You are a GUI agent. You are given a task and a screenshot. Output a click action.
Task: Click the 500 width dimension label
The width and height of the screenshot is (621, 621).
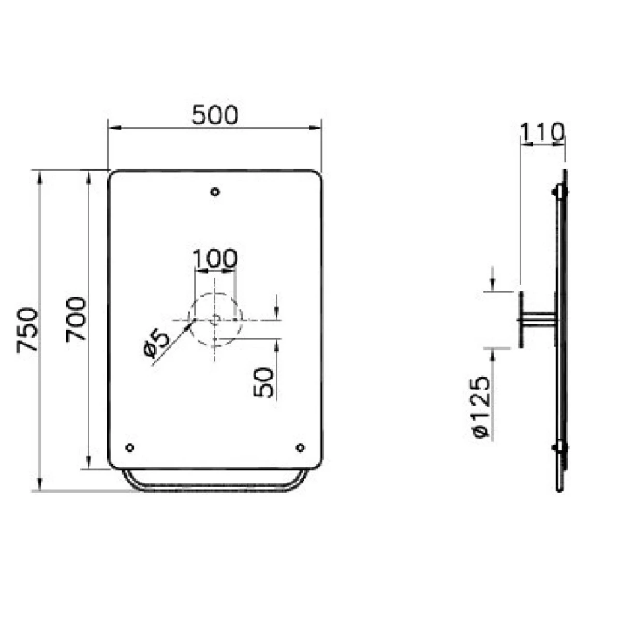pyautogui.click(x=215, y=115)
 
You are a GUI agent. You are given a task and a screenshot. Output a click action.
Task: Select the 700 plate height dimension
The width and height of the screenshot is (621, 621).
pyautogui.click(x=76, y=319)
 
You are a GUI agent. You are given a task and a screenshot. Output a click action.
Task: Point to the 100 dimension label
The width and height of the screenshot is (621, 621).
pyautogui.click(x=215, y=259)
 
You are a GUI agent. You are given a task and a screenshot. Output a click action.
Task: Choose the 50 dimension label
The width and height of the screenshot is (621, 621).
pyautogui.click(x=263, y=382)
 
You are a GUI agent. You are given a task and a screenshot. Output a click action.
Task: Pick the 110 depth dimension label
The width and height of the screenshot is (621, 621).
pyautogui.click(x=542, y=132)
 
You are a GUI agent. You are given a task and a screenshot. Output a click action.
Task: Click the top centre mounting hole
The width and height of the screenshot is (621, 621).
pyautogui.click(x=215, y=192)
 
